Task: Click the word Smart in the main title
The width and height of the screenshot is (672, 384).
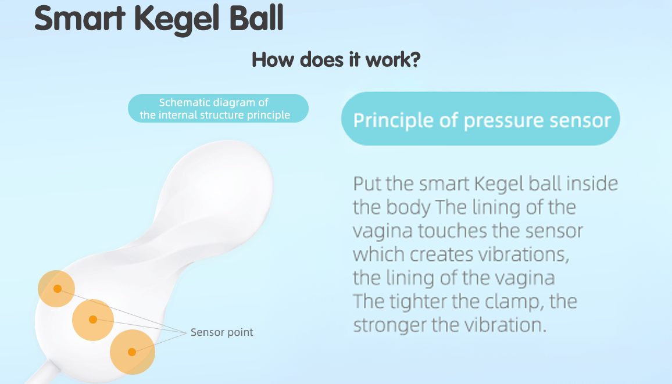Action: click(80, 18)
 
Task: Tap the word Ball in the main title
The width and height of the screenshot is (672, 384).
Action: click(256, 18)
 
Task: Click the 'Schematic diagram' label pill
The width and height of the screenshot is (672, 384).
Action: click(218, 108)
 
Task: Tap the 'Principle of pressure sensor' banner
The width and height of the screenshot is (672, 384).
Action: click(480, 119)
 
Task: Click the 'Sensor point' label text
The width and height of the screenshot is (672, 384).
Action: click(221, 332)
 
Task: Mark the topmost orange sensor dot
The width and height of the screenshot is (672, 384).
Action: click(57, 289)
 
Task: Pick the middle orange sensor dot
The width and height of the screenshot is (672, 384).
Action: click(93, 320)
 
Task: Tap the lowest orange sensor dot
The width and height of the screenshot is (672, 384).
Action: click(132, 352)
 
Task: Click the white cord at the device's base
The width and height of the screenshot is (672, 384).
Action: click(41, 372)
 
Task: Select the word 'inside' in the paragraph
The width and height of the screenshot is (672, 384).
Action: click(592, 184)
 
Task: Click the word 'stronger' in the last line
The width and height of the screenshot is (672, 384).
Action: click(389, 326)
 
